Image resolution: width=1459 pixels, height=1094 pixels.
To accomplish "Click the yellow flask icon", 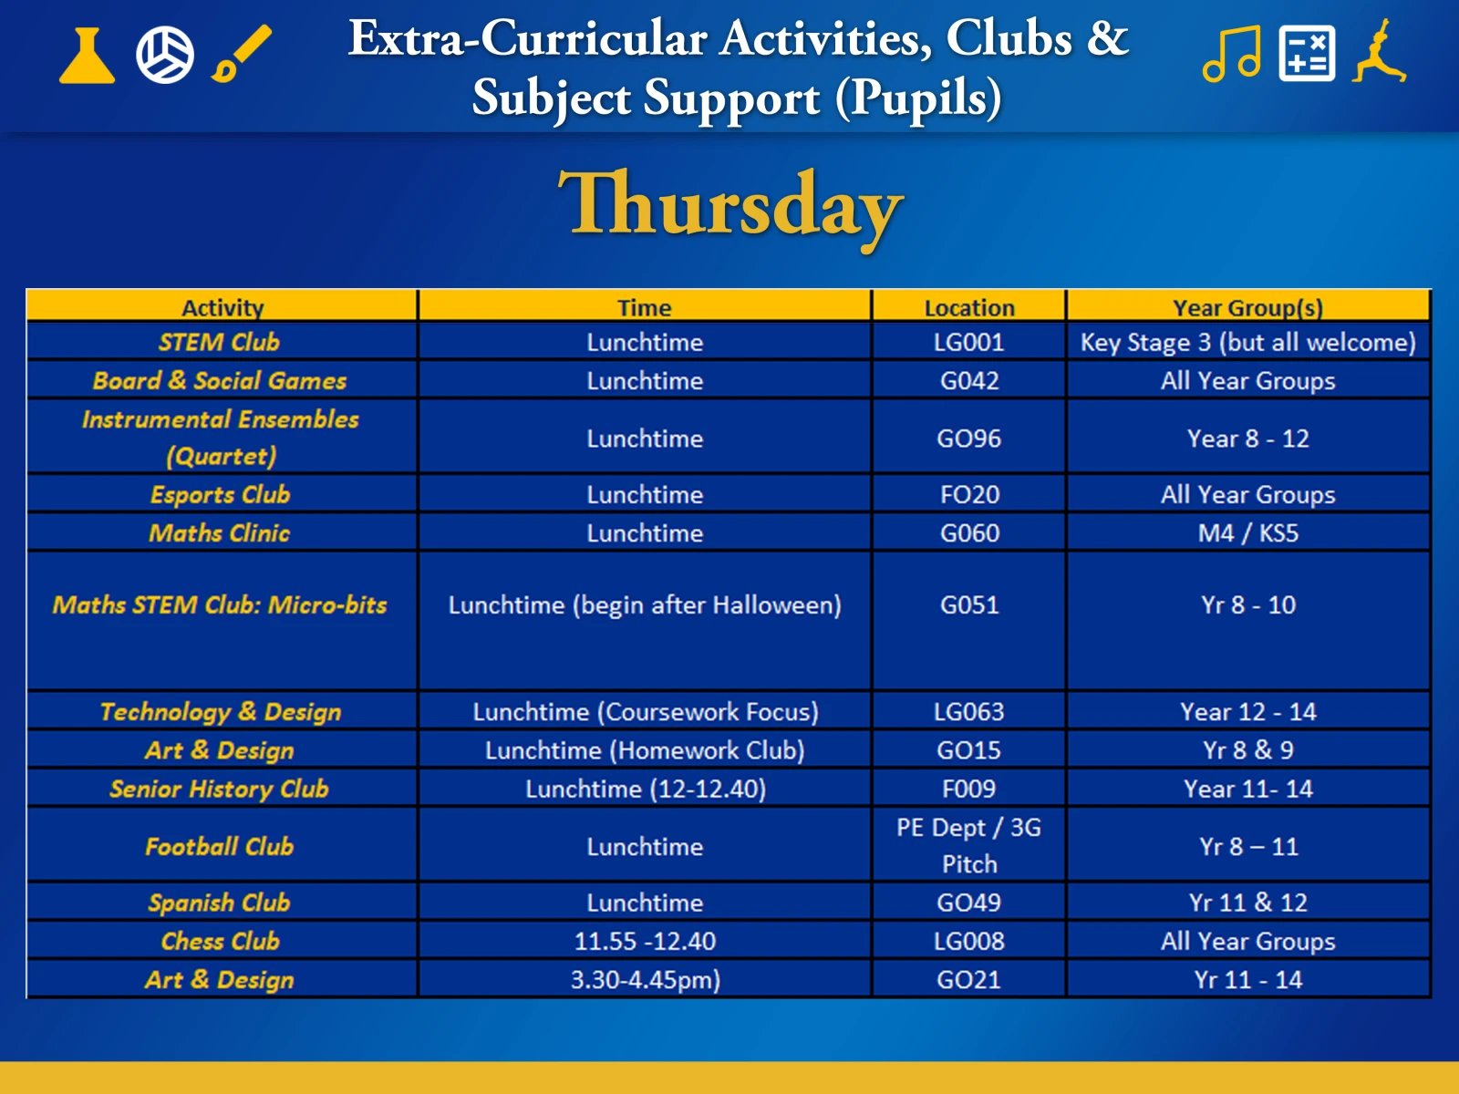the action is click(x=87, y=56).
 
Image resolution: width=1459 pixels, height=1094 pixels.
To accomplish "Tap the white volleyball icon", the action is click(x=165, y=55).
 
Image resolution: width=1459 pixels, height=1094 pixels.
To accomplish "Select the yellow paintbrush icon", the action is click(x=242, y=53).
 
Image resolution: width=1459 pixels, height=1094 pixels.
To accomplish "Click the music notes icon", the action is click(x=1232, y=54).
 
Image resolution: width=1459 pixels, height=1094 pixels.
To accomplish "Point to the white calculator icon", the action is click(x=1307, y=54).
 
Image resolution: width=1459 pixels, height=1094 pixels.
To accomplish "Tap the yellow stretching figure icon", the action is click(x=1380, y=51).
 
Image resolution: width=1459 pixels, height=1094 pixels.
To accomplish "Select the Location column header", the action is click(x=969, y=307).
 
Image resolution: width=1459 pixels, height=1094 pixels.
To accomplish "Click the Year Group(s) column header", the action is click(x=1247, y=307).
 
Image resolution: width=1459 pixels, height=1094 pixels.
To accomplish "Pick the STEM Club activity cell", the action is click(x=220, y=342).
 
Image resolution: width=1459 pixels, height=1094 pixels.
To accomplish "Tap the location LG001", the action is click(x=969, y=342).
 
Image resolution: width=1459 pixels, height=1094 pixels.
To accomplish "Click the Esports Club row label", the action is click(x=220, y=495).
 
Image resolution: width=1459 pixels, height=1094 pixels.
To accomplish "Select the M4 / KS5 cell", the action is click(x=1247, y=532).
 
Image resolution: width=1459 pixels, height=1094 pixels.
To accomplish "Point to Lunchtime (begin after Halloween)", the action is click(x=645, y=605).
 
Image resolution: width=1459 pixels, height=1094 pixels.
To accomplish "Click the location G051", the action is click(x=969, y=605).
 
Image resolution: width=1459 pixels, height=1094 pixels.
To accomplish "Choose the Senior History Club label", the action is click(x=220, y=789).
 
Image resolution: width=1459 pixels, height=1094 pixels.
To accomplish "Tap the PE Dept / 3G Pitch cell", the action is click(x=969, y=846).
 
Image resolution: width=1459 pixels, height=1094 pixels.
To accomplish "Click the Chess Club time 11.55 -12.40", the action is click(x=645, y=941).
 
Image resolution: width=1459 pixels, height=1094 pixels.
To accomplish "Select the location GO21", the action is click(x=969, y=980).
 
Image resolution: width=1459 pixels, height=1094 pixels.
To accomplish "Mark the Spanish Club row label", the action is click(x=220, y=903).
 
